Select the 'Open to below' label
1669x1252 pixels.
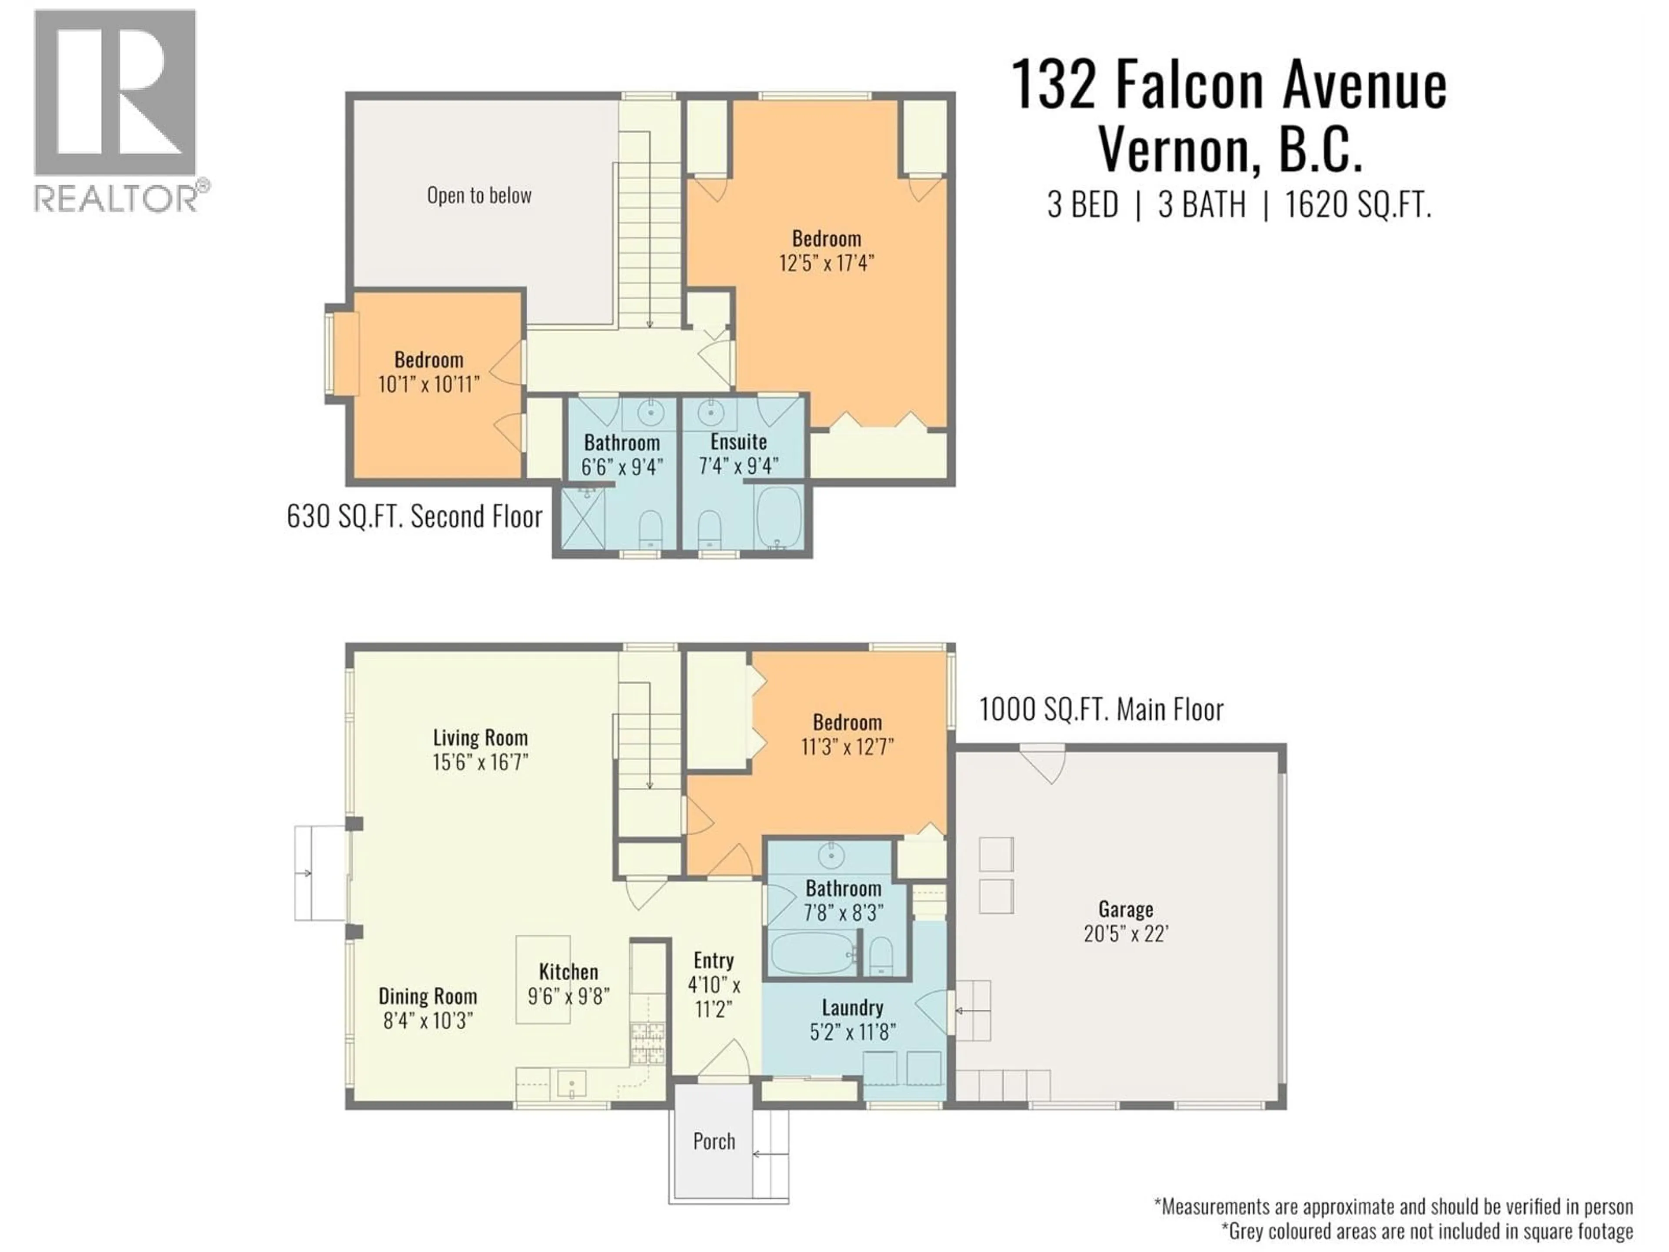click(x=479, y=196)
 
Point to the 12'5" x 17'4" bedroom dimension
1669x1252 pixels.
click(x=826, y=263)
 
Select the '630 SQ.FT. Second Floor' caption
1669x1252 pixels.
click(x=414, y=517)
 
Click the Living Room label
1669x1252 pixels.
click(x=480, y=737)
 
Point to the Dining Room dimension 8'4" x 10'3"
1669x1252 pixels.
click(x=428, y=1021)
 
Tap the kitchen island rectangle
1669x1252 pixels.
click(x=542, y=979)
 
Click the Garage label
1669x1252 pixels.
click(x=1125, y=909)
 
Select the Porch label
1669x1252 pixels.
click(x=714, y=1141)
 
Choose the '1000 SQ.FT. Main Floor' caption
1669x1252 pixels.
click(x=1101, y=709)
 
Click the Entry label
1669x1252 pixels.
click(x=713, y=961)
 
